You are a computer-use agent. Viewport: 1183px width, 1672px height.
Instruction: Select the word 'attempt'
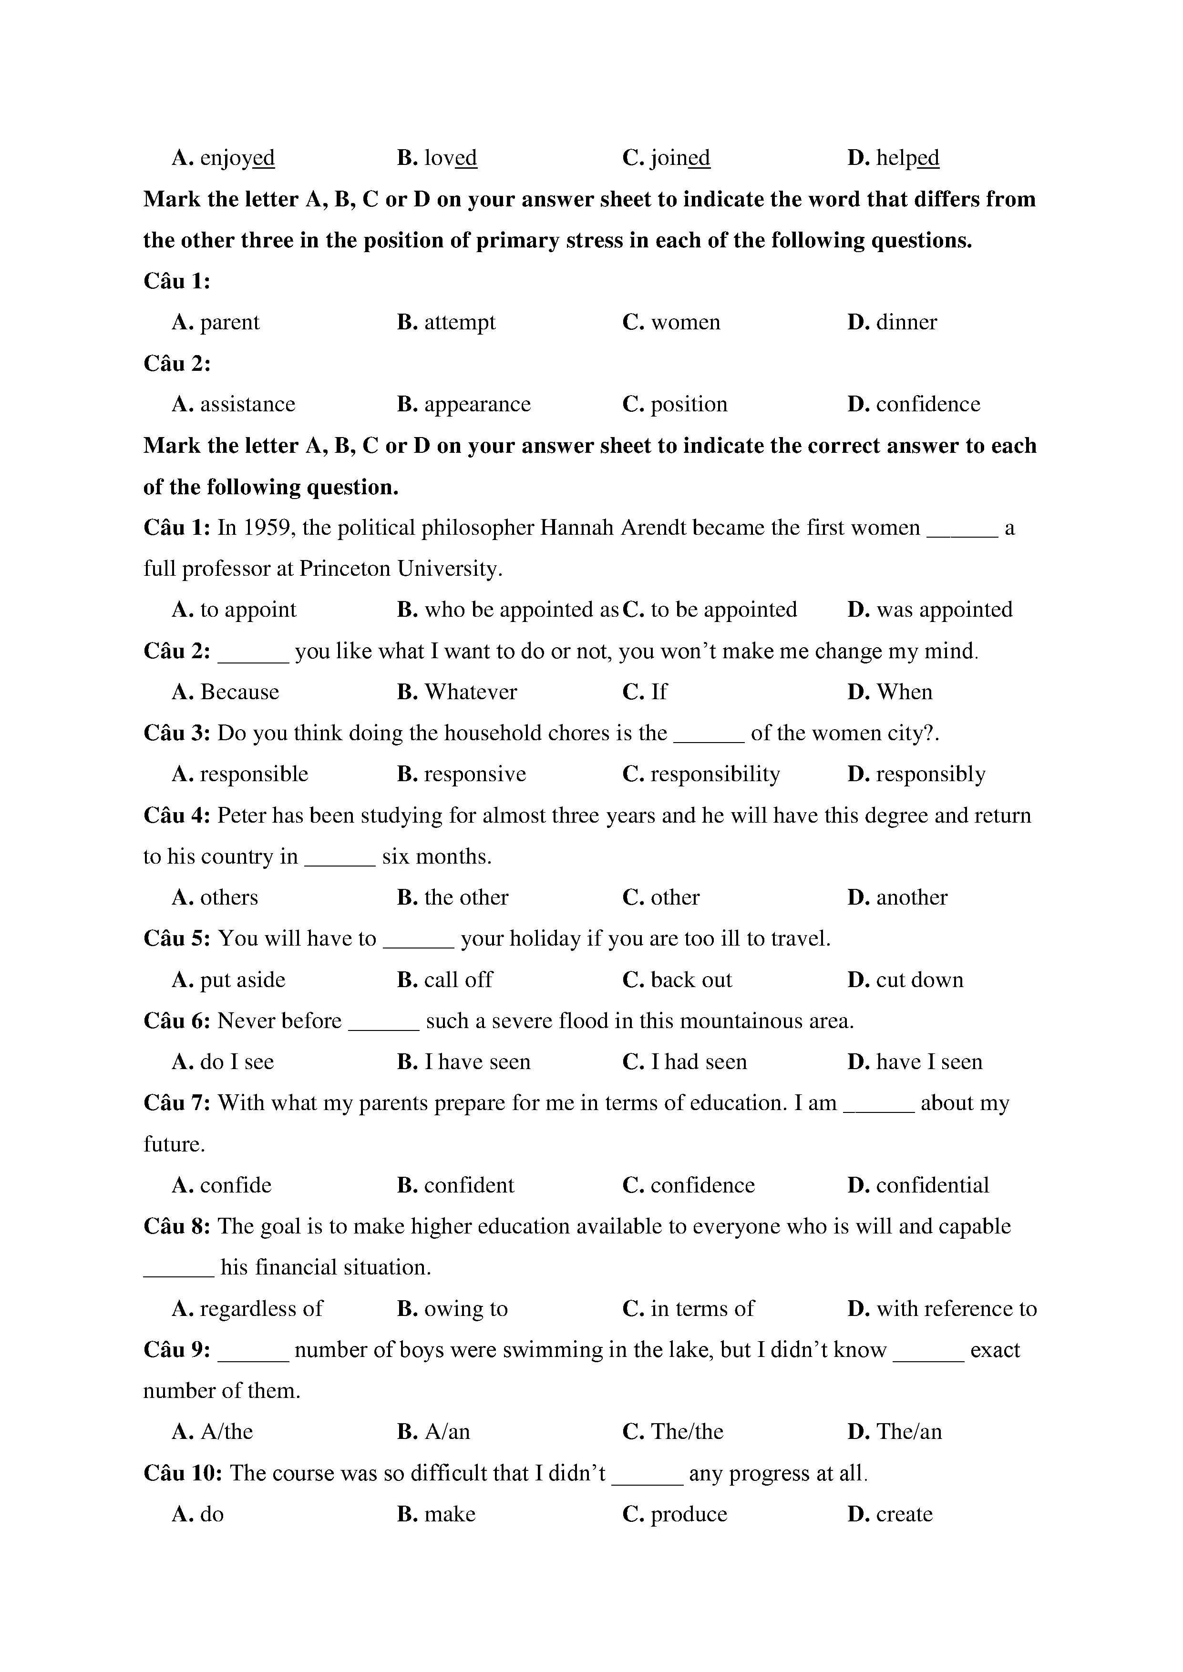click(460, 323)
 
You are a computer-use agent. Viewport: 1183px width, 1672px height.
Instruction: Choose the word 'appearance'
click(477, 405)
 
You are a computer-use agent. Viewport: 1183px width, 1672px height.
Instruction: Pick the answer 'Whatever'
click(471, 693)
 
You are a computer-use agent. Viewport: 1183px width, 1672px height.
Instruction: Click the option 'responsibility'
click(715, 775)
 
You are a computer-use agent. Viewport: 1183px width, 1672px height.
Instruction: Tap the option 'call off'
click(458, 980)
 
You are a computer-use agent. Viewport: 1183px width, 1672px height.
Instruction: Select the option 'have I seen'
click(929, 1062)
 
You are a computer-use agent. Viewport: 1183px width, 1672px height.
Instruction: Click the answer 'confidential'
click(932, 1185)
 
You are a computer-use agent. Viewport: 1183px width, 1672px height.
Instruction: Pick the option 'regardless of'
click(261, 1309)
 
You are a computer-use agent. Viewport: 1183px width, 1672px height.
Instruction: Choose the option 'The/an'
click(909, 1432)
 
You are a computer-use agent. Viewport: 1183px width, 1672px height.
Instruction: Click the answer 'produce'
click(689, 1515)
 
